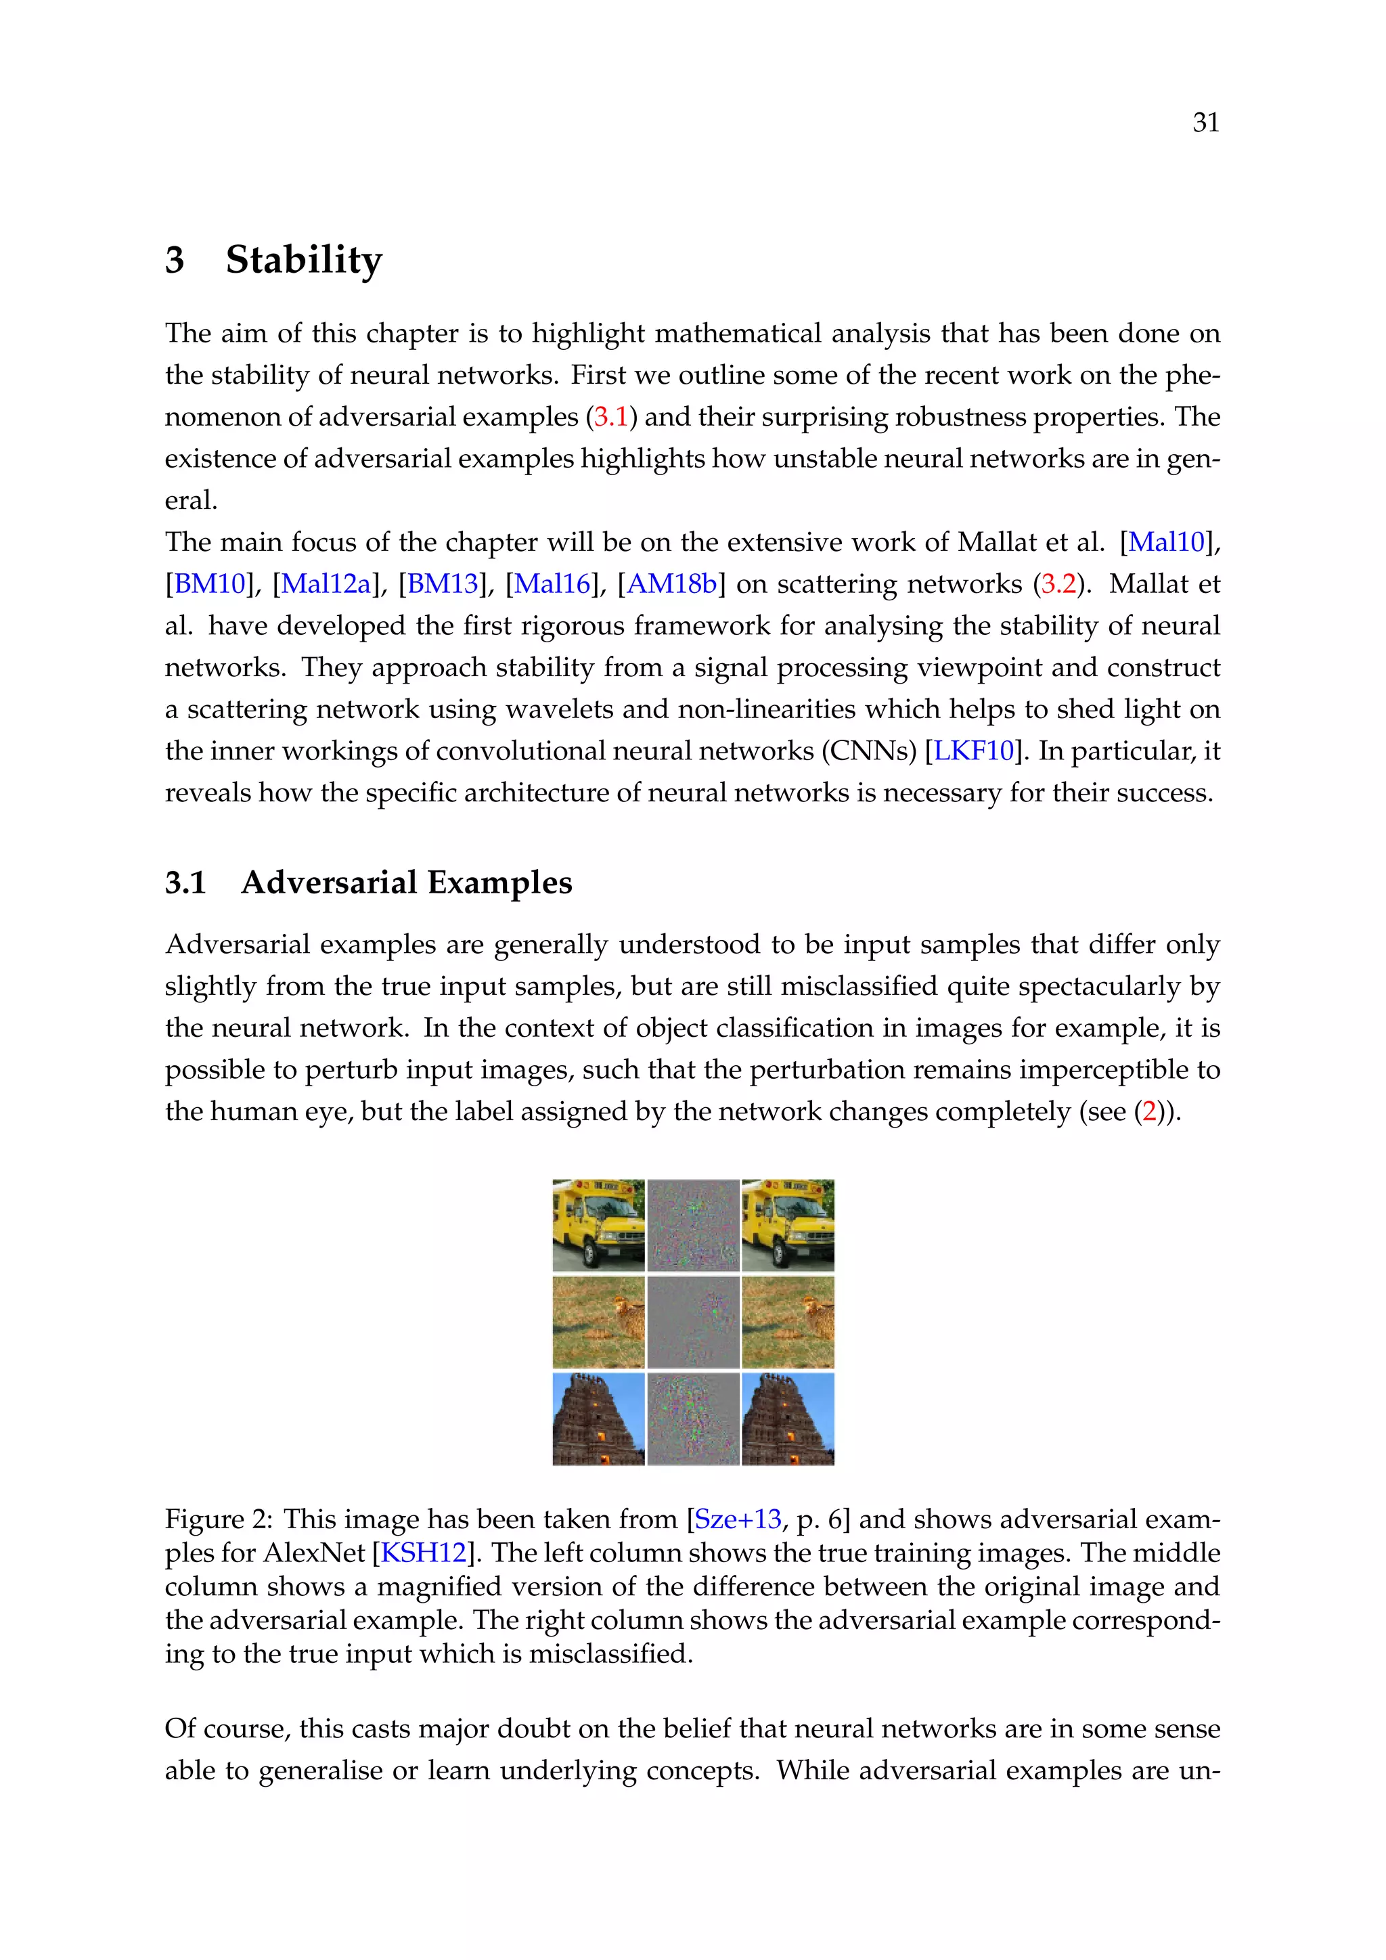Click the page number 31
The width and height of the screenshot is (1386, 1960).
tap(1205, 123)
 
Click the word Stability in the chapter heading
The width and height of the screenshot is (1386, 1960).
tap(304, 261)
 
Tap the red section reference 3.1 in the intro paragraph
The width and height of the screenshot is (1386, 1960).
tap(610, 418)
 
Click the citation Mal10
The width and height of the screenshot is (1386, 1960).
tap(1166, 542)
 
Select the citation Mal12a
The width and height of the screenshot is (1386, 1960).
tap(326, 584)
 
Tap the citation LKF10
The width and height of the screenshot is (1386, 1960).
tap(973, 751)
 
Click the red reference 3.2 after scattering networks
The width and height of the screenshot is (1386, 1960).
tap(1058, 584)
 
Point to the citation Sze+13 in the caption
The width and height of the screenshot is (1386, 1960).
tap(738, 1519)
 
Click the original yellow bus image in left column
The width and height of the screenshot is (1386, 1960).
tap(598, 1225)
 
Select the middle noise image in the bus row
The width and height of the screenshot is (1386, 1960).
tap(693, 1225)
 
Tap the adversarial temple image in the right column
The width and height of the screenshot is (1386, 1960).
tap(788, 1418)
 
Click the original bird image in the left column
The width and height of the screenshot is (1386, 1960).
tap(598, 1322)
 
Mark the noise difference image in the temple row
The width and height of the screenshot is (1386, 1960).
tap(693, 1418)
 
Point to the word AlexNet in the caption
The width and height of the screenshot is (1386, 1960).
tap(314, 1552)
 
